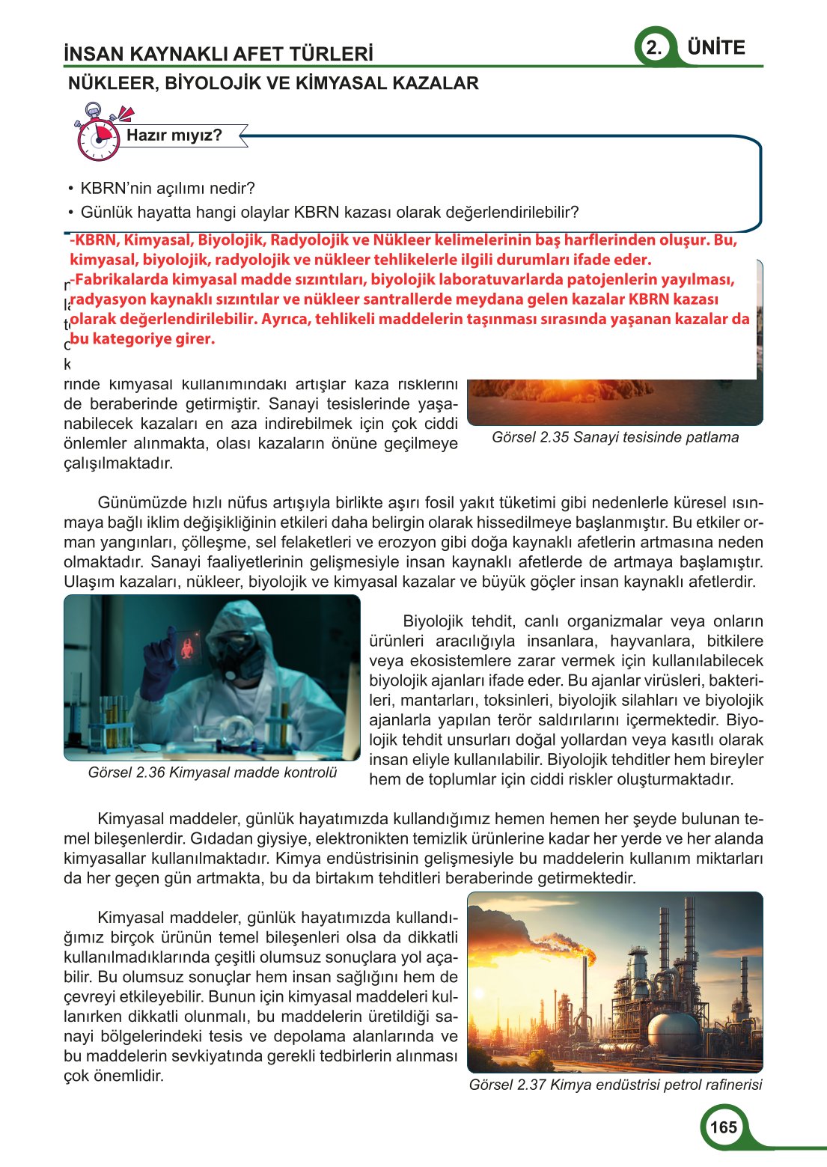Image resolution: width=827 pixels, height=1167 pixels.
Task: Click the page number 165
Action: click(723, 1128)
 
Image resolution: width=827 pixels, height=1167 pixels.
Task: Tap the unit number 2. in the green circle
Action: click(654, 48)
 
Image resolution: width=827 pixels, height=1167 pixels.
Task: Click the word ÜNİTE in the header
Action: click(716, 48)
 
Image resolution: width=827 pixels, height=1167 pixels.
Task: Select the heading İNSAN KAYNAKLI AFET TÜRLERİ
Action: click(219, 54)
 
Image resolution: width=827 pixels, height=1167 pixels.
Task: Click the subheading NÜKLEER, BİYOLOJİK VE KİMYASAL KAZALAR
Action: click(273, 83)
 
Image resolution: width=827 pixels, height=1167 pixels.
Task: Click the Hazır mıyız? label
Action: click(174, 135)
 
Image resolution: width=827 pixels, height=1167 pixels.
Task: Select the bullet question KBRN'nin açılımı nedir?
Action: click(168, 188)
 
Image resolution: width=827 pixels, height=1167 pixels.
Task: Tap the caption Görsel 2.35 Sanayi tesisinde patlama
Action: click(615, 437)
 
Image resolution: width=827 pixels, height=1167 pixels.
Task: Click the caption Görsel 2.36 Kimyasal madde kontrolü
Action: click(213, 773)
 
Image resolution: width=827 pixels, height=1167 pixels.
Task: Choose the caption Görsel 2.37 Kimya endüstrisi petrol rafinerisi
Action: click(615, 1085)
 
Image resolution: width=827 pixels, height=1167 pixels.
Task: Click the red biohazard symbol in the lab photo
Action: click(186, 646)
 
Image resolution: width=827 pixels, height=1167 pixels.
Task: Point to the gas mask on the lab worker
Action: click(239, 656)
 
